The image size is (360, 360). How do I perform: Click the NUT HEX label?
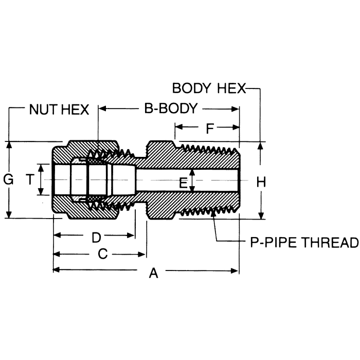tap(59, 109)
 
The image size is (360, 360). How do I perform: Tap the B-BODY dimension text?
tap(170, 109)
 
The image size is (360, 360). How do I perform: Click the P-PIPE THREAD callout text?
tap(303, 242)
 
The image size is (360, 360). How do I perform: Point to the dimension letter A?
tap(153, 274)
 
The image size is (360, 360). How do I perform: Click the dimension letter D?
tap(96, 238)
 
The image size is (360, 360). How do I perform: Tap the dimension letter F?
tap(210, 129)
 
